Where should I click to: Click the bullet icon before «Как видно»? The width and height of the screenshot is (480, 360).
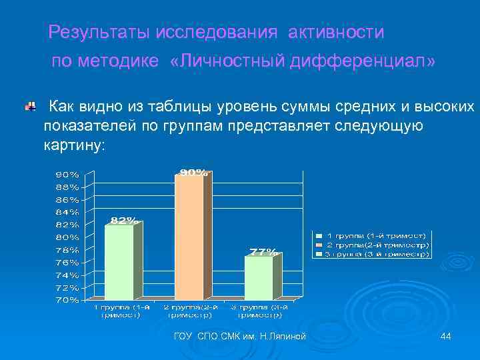[31, 106]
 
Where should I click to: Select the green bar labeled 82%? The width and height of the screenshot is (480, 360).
[119, 262]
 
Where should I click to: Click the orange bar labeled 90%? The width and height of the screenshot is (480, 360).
[189, 237]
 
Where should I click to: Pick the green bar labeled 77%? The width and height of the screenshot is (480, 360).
[259, 277]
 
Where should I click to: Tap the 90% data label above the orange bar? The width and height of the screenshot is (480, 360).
[193, 173]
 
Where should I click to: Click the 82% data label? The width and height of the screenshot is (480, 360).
[124, 220]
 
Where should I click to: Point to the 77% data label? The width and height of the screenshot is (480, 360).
[263, 251]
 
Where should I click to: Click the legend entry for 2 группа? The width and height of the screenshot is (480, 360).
[377, 245]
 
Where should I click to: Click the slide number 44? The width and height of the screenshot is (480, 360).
[446, 337]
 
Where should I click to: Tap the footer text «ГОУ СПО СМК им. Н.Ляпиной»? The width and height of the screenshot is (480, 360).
[239, 337]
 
